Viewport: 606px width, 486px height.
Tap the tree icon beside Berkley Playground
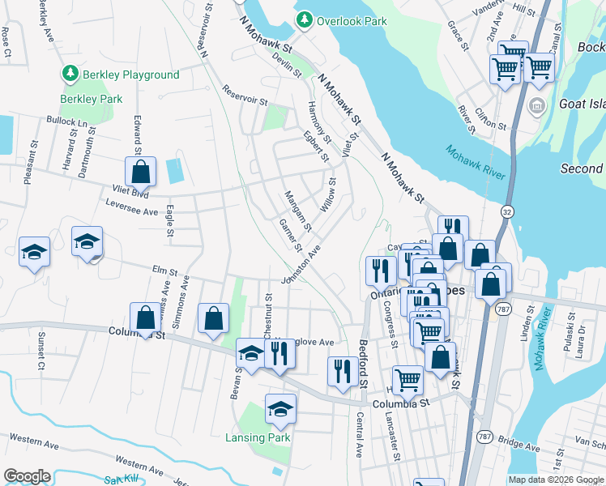70,75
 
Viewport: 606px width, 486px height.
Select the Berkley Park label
91,99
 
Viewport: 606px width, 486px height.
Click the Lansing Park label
257,437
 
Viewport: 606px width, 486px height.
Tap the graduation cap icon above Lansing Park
280,410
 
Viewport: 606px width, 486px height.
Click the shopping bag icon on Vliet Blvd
140,172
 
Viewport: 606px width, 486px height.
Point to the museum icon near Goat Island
536,107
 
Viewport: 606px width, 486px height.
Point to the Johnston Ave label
296,266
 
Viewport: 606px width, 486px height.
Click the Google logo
27,475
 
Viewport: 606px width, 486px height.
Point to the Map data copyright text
556,480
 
